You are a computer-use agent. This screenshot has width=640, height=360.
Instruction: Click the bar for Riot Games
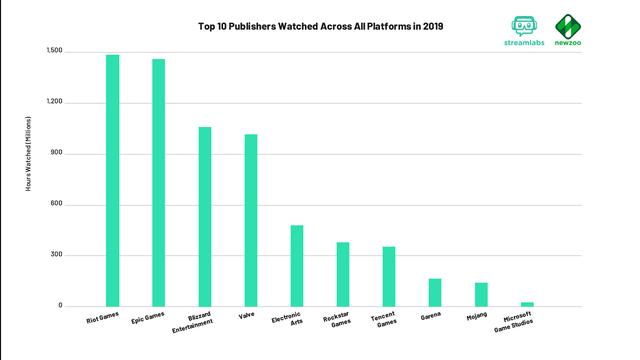[112, 180]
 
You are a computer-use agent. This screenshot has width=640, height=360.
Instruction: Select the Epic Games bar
[158, 183]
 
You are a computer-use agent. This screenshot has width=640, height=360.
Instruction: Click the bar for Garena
[435, 292]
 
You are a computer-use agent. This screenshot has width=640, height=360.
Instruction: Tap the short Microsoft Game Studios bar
[527, 304]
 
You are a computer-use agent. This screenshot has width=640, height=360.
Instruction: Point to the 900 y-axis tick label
[56, 153]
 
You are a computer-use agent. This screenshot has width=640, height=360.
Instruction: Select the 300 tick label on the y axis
[56, 255]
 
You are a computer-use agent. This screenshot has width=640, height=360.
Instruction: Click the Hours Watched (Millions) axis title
[29, 178]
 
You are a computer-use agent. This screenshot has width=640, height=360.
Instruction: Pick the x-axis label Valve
[246, 318]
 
